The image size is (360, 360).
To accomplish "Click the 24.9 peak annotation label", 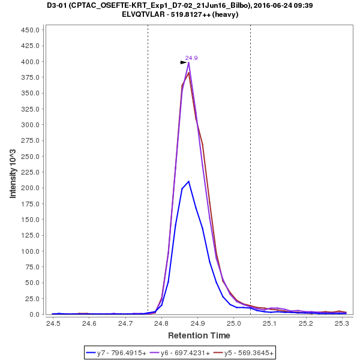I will (x=191, y=58).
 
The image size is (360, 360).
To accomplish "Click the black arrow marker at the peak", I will (x=184, y=62).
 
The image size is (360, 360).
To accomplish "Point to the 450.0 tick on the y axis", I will (x=30, y=30).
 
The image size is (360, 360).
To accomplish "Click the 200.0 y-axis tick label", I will (x=30, y=188).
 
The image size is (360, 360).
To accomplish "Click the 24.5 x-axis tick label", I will (x=53, y=323).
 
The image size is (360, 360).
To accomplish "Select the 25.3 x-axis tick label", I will (x=342, y=323).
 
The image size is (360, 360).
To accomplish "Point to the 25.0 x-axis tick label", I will (x=234, y=323).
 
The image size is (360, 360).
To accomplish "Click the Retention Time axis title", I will (x=199, y=335).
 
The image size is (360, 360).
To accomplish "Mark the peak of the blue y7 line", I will (x=188, y=181).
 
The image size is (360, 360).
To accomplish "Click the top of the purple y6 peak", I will (x=188, y=62).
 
